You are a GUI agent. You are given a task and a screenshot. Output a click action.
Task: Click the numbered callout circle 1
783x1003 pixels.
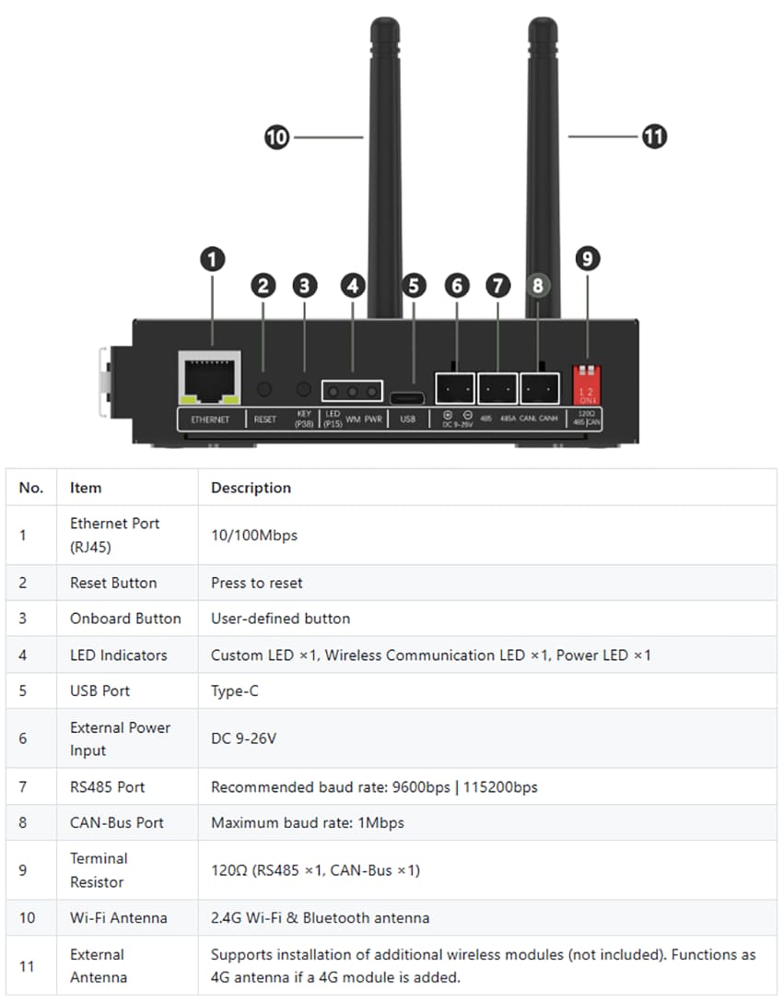(x=213, y=259)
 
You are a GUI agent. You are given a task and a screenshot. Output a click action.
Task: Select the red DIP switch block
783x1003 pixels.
(x=586, y=383)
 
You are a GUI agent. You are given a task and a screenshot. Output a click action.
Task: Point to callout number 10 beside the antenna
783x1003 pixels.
(x=276, y=138)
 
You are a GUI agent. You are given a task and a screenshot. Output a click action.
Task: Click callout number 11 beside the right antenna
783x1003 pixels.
(x=654, y=137)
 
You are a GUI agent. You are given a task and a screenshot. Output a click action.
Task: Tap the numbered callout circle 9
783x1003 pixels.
(x=587, y=259)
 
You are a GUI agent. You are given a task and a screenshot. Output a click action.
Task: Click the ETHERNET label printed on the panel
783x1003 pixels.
(x=210, y=419)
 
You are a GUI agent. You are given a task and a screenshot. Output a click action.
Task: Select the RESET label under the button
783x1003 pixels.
(x=264, y=419)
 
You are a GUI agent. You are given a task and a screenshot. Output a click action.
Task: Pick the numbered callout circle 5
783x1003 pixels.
(x=415, y=286)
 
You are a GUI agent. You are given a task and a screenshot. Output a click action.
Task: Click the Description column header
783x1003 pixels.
(x=251, y=488)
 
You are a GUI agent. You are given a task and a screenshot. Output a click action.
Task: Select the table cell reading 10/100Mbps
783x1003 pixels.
(x=254, y=535)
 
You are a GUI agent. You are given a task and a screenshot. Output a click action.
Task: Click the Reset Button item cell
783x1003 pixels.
(x=113, y=583)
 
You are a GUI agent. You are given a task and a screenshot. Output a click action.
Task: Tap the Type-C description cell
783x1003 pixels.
(x=235, y=690)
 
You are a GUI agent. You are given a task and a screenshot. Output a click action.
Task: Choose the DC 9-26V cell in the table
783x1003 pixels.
(x=243, y=738)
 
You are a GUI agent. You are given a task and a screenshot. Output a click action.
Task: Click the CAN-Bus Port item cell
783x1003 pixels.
(x=117, y=822)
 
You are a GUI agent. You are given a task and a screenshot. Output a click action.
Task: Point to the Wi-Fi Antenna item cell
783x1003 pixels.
(x=119, y=917)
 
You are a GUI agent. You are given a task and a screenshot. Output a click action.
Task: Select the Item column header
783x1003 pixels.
(x=86, y=488)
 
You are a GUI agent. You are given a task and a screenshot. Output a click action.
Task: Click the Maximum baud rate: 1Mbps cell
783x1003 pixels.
(x=308, y=822)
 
